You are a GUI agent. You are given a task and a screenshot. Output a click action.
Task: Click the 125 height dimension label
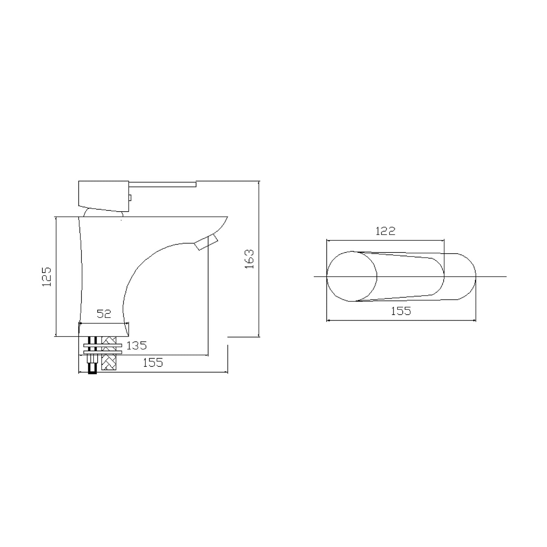47,276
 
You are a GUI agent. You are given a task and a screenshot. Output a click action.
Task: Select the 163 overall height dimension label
249,259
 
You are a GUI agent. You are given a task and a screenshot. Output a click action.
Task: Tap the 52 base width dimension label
104,314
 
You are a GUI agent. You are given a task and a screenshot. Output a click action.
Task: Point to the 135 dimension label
137,346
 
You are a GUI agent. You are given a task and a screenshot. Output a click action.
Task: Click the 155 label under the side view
153,363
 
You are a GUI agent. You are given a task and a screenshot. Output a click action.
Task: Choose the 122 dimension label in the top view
385,231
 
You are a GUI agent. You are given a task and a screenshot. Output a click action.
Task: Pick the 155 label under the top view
401,311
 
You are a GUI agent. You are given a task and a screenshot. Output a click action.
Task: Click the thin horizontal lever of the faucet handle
162,184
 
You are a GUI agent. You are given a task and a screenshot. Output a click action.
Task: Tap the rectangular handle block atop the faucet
104,196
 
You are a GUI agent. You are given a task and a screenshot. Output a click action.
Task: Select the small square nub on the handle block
130,198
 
